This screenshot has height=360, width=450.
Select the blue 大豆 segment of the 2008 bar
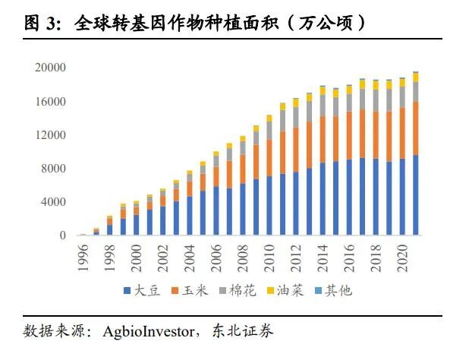tap(243, 210)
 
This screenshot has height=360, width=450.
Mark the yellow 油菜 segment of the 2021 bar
tap(416, 77)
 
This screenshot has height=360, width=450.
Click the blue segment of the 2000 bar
tap(137, 225)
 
